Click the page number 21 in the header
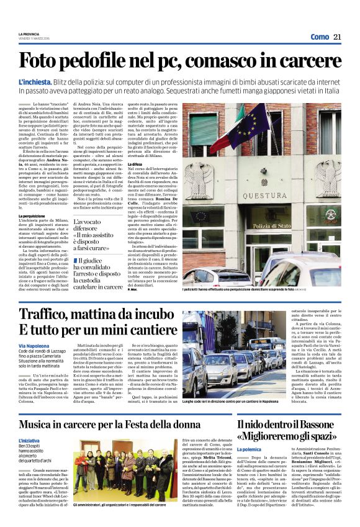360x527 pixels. pyautogui.click(x=337, y=37)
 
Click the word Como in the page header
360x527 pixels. pyautogui.click(x=320, y=37)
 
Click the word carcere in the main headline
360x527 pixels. pyautogui.click(x=310, y=61)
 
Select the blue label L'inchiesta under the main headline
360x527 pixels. pyautogui.click(x=35, y=82)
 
